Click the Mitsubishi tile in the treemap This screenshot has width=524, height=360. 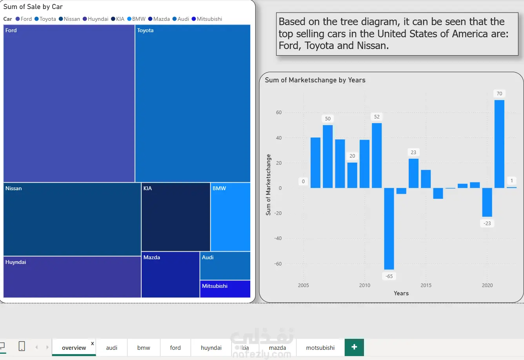tap(225, 289)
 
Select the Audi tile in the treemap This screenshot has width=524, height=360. tap(225, 266)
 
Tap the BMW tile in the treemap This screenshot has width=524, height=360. tap(230, 217)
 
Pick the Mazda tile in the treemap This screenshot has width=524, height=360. tap(171, 275)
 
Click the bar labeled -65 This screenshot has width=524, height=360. tap(389, 229)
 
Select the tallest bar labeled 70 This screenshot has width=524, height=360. tap(499, 144)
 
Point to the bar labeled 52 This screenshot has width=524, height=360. tap(377, 156)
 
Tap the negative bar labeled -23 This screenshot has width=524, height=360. tap(487, 202)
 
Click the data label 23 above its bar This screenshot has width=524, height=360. tap(413, 152)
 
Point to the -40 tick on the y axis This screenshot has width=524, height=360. tap(278, 238)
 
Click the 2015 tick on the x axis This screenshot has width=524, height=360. tap(426, 285)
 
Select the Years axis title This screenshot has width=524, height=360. tap(401, 293)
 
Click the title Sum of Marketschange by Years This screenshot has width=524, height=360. tap(315, 80)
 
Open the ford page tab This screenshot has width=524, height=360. tap(175, 348)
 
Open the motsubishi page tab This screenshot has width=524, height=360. tap(320, 348)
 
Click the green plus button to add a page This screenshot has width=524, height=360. tap(354, 347)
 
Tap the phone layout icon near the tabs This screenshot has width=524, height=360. tap(22, 346)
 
